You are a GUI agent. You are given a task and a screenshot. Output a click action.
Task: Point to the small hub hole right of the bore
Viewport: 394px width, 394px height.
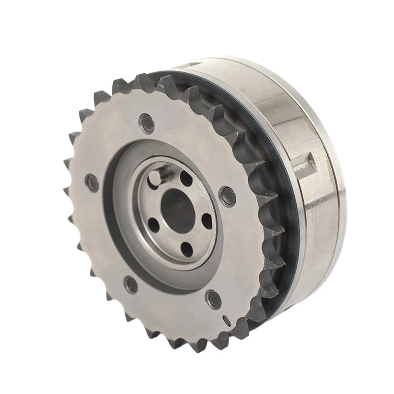[207, 221]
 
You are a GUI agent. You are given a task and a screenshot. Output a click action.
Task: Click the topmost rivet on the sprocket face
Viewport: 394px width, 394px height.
[147, 121]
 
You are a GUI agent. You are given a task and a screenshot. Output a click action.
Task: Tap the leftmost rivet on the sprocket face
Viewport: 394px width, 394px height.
[92, 182]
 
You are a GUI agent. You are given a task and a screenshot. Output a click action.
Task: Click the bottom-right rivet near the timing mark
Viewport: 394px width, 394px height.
[213, 298]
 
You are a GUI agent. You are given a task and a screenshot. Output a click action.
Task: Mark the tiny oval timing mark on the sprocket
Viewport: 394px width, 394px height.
[225, 320]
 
